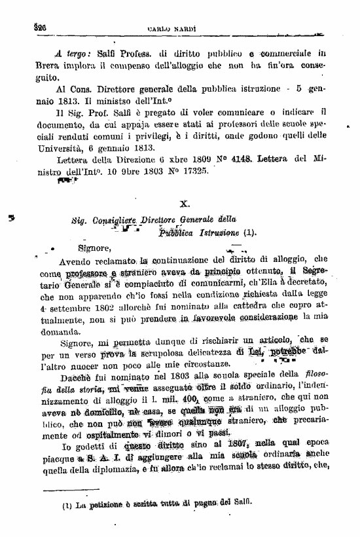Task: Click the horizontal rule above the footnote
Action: pos(72,490)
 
